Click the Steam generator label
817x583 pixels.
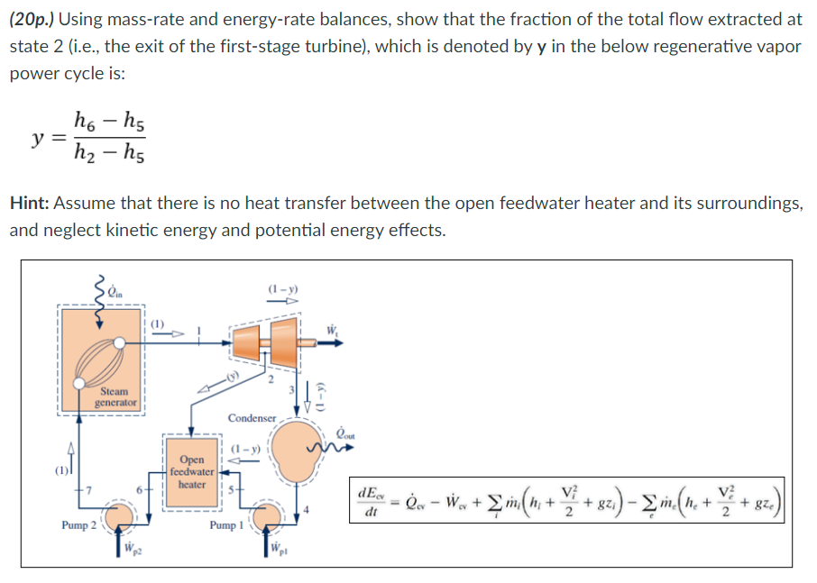tap(115, 396)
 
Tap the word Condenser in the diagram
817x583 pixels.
tap(252, 418)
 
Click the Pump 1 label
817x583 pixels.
tap(226, 524)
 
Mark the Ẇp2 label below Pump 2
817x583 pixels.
tap(131, 549)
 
